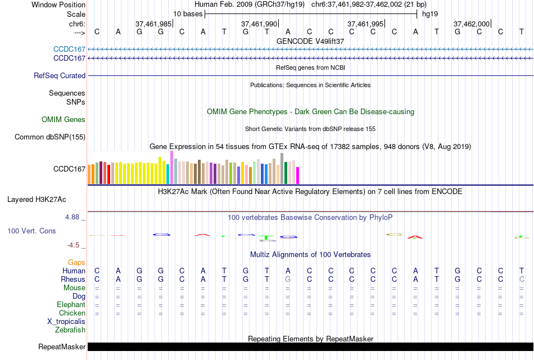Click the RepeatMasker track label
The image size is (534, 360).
click(x=62, y=347)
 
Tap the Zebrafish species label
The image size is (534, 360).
click(x=70, y=330)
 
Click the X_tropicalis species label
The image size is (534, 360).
click(x=66, y=322)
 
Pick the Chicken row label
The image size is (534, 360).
click(x=72, y=313)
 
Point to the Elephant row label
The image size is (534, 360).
click(x=71, y=305)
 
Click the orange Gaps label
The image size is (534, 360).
click(x=76, y=263)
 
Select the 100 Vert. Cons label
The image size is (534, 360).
click(x=31, y=231)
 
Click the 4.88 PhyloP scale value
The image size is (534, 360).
click(x=75, y=217)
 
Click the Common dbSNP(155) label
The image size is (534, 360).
click(x=50, y=137)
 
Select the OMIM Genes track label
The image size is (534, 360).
click(x=64, y=119)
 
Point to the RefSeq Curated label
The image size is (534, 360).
click(x=60, y=75)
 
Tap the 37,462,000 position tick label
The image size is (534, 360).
click(x=472, y=24)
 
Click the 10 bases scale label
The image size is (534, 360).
click(x=188, y=13)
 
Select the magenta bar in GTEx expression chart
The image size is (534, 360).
click(x=297, y=175)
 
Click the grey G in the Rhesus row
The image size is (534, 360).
click(x=288, y=279)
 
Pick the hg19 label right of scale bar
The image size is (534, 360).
click(x=430, y=13)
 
